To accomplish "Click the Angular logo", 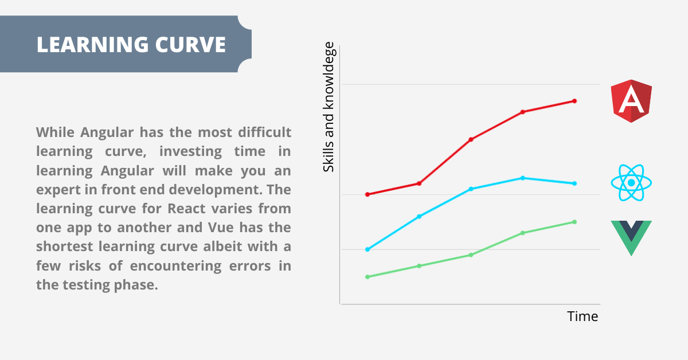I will [x=631, y=101].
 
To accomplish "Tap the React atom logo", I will [x=631, y=183].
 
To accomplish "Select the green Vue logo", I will [x=631, y=237].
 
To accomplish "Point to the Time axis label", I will [x=583, y=316].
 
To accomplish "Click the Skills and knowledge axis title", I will [x=329, y=107].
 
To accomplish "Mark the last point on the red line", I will [x=574, y=101].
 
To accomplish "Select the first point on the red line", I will [x=368, y=194].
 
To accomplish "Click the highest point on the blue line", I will [x=523, y=178].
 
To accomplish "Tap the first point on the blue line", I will [x=368, y=249].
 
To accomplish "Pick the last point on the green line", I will [x=574, y=222].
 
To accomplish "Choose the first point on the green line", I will [x=368, y=277].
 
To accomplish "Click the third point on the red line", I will [x=471, y=139].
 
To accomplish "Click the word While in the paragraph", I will [x=56, y=132].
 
